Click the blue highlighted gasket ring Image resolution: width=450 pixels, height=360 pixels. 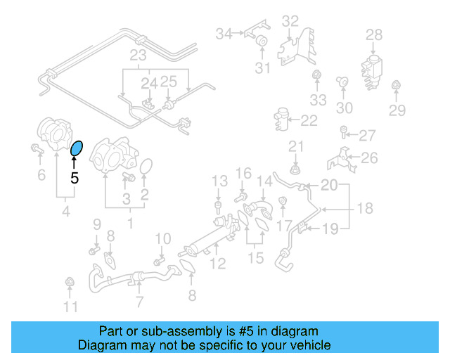(77, 148)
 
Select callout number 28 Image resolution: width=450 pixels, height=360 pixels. (373, 34)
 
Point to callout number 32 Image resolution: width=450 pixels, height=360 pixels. (290, 21)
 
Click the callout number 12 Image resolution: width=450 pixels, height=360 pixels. (218, 264)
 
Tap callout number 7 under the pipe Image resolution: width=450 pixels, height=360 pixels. (139, 302)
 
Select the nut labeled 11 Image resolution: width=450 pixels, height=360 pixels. (69, 283)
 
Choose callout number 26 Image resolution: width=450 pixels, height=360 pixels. (370, 158)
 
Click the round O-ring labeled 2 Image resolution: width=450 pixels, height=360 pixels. (146, 167)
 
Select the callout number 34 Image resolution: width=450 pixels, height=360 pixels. (224, 33)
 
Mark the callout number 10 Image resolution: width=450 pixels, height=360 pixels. (162, 239)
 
